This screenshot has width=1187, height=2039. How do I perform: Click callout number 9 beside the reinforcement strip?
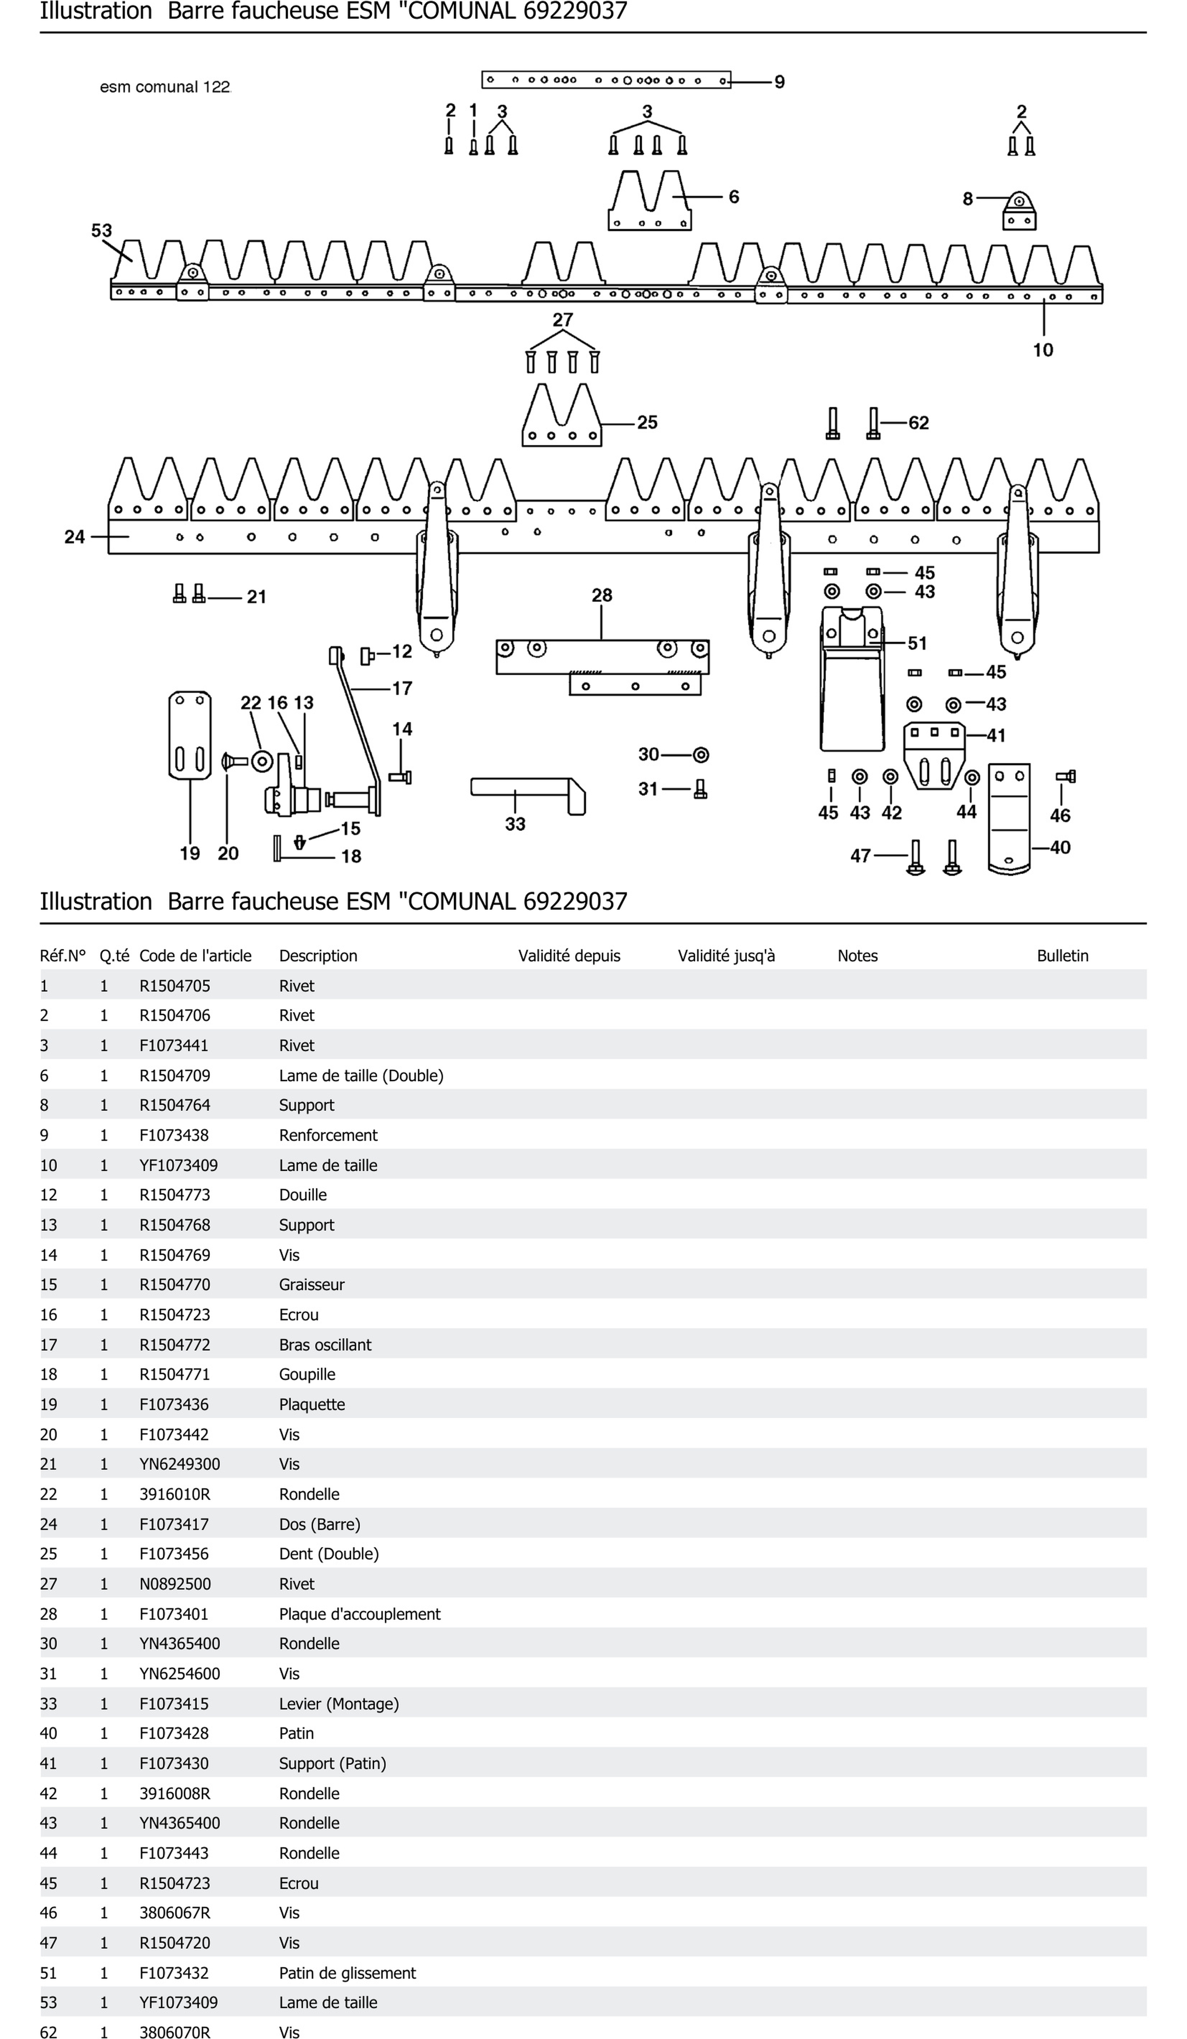779,82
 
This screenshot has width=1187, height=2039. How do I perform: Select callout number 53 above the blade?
101,230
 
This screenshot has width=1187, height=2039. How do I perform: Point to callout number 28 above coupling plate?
601,596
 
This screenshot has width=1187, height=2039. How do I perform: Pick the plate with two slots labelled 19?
189,735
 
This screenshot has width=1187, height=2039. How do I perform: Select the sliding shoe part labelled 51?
851,680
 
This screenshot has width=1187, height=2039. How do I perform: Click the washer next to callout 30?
701,755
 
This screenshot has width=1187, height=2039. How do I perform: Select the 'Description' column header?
318,956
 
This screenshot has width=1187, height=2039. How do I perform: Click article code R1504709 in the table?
175,1076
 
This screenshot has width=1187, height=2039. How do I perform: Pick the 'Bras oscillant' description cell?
325,1345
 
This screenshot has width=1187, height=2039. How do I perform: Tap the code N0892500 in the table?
175,1583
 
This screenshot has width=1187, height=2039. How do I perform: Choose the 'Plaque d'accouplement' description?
359,1613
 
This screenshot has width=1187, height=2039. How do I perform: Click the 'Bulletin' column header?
1062,956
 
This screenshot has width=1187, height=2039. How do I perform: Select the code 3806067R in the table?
175,1913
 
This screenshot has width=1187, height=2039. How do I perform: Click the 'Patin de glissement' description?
347,1973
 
